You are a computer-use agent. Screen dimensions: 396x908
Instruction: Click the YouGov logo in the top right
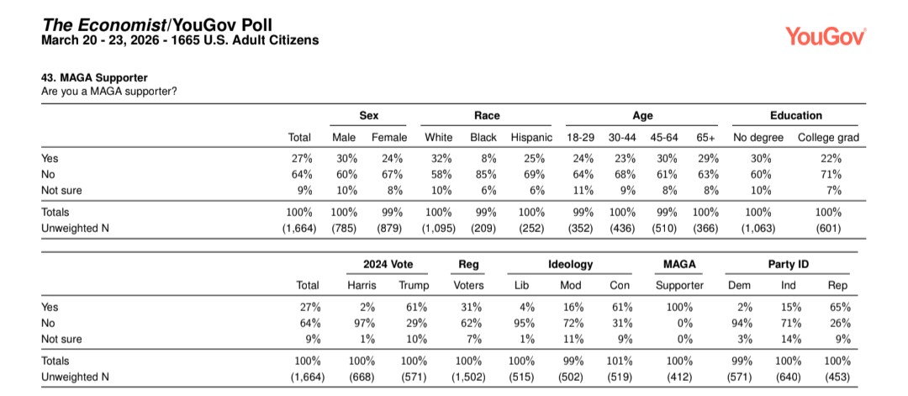826,35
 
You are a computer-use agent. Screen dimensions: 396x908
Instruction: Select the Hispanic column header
531,138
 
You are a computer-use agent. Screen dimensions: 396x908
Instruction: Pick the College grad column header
828,138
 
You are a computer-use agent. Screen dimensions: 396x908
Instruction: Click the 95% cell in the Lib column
523,324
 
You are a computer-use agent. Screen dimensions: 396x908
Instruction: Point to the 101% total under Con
619,361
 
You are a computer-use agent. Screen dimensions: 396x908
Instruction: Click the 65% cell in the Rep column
839,308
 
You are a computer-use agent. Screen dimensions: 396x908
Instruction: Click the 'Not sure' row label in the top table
61,191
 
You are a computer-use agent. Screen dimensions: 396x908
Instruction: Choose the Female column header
389,138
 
